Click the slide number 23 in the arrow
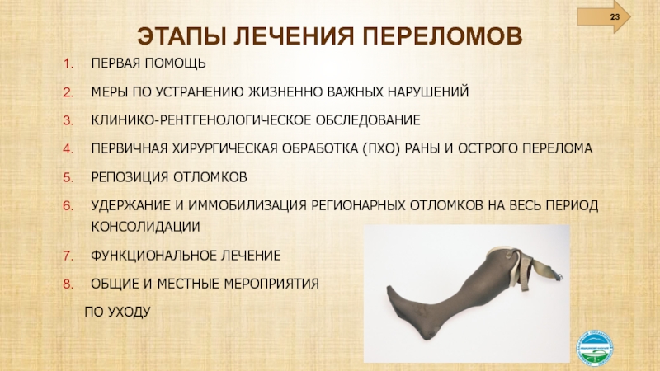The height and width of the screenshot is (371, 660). [x=615, y=17]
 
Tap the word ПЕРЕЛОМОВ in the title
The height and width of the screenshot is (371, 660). [x=442, y=36]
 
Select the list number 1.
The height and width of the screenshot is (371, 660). [x=68, y=63]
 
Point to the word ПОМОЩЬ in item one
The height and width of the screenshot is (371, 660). [x=176, y=63]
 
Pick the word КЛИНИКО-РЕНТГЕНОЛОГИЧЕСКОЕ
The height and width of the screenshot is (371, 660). [x=200, y=120]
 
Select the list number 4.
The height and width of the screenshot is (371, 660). [x=68, y=149]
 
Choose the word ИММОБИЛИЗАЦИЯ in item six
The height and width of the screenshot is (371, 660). [x=247, y=205]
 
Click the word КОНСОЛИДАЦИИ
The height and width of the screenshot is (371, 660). [x=146, y=227]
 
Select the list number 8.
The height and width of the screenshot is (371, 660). [x=68, y=284]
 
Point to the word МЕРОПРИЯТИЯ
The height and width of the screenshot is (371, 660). [x=271, y=284]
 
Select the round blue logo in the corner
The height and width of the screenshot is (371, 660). [x=594, y=347]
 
